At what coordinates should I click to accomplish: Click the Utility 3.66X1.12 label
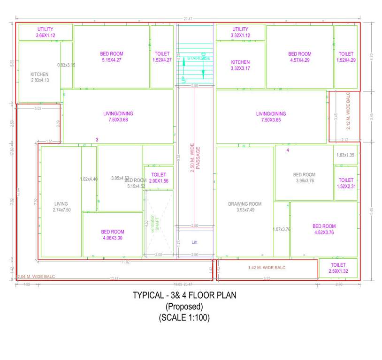tap(45, 32)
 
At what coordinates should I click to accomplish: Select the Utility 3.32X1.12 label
tap(240, 32)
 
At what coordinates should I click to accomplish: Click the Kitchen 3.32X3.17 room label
tap(240, 65)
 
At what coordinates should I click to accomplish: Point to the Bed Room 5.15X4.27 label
tap(111, 57)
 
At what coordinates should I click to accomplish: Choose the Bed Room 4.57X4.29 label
tap(299, 57)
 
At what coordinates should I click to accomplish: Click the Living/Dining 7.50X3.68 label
tap(118, 117)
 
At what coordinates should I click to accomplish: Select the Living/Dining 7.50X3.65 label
tap(271, 117)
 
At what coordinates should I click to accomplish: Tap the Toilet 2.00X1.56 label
tap(158, 178)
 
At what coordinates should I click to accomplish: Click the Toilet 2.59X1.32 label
tap(337, 268)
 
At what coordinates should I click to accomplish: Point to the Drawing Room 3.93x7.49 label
tap(244, 207)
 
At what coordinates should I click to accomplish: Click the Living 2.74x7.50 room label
tap(61, 207)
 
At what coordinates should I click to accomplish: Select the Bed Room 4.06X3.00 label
tap(113, 235)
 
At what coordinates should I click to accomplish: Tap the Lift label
tap(194, 242)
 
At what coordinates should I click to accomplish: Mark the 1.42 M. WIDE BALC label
tap(267, 268)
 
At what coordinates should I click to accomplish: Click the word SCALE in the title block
tap(175, 317)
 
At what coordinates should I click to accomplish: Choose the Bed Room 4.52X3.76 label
tap(324, 229)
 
